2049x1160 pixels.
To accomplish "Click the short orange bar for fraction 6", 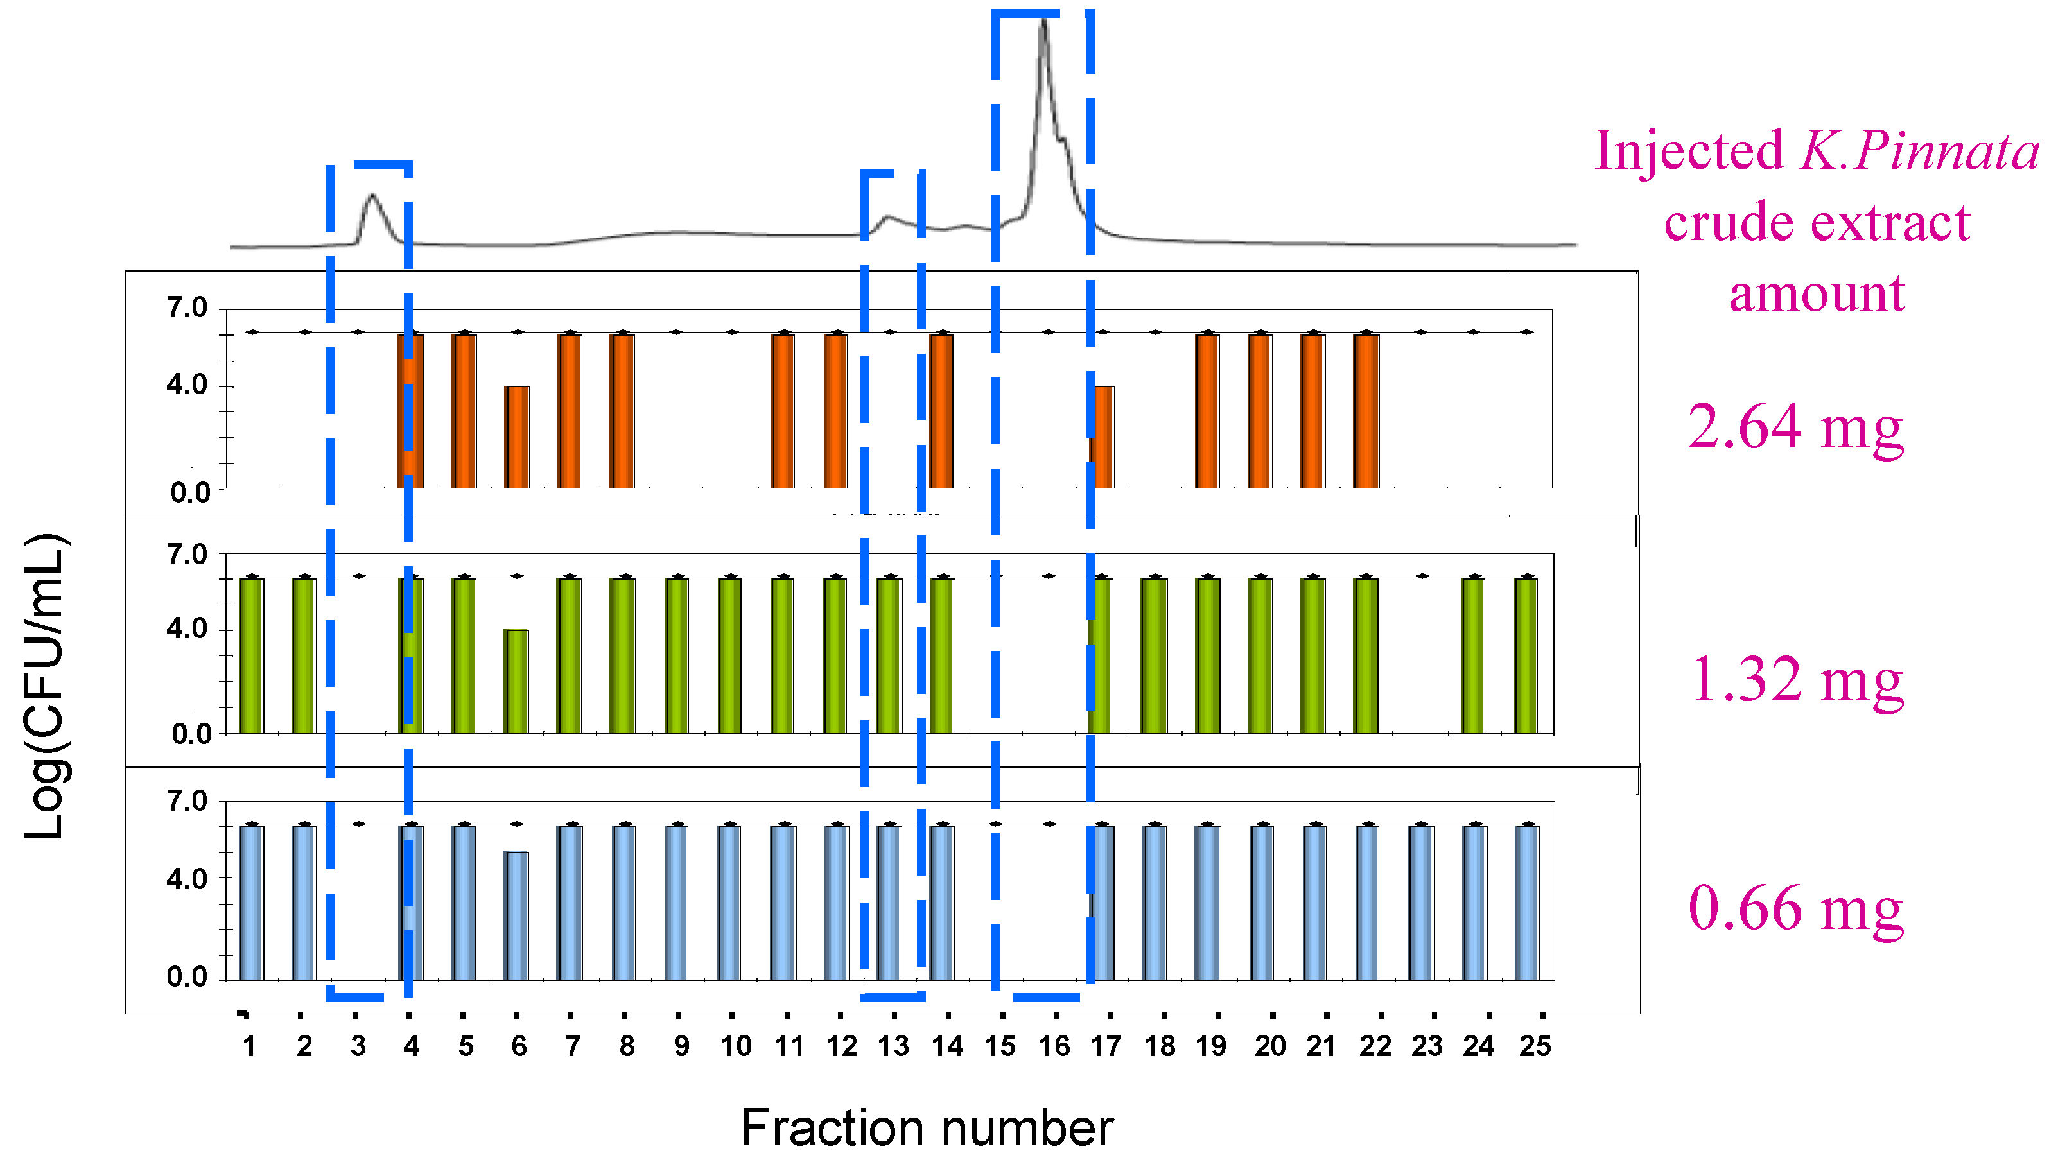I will coord(516,437).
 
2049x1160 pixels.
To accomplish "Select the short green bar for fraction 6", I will coord(516,681).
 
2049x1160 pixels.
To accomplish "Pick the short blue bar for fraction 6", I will coord(516,915).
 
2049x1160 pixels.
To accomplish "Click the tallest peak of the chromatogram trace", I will coord(1043,24).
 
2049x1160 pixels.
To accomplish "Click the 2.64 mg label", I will coord(1795,427).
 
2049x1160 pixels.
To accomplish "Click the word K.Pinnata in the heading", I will coord(1919,151).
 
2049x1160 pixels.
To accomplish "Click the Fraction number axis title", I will coord(927,1128).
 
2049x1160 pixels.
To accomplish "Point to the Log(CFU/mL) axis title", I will coord(46,685).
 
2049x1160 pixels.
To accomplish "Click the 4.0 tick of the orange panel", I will coord(187,386).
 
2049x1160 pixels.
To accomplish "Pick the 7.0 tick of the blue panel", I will coord(187,802).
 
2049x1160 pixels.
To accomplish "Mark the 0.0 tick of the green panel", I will coord(191,734).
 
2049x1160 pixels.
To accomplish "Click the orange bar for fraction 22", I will coord(1366,410).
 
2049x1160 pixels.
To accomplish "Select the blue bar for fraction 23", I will coord(1421,903).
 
